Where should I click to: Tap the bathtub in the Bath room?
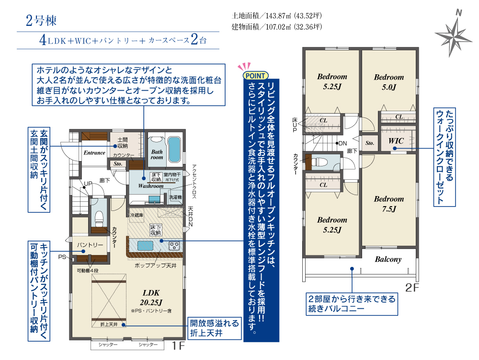coord(174,149)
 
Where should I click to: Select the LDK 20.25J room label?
coord(151,298)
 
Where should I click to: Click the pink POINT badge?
coord(255,75)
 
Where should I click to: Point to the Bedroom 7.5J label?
coord(389,204)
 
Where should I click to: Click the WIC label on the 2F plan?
coord(396,141)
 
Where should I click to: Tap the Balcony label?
coord(388,259)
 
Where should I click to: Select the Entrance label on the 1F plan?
coord(94,152)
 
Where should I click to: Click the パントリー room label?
coord(90,245)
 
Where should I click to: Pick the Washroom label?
coord(150,186)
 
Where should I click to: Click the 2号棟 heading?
coord(41,20)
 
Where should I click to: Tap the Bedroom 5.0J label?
coord(389,82)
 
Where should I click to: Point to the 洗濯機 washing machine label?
coord(175,197)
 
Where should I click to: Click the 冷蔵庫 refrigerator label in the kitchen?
coord(137,215)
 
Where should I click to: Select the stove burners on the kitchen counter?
coord(174,246)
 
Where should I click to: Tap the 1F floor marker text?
coord(178,346)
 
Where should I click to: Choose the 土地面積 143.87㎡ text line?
coord(277,16)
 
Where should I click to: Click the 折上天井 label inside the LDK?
coord(109,324)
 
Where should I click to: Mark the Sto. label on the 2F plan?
coord(370,143)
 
